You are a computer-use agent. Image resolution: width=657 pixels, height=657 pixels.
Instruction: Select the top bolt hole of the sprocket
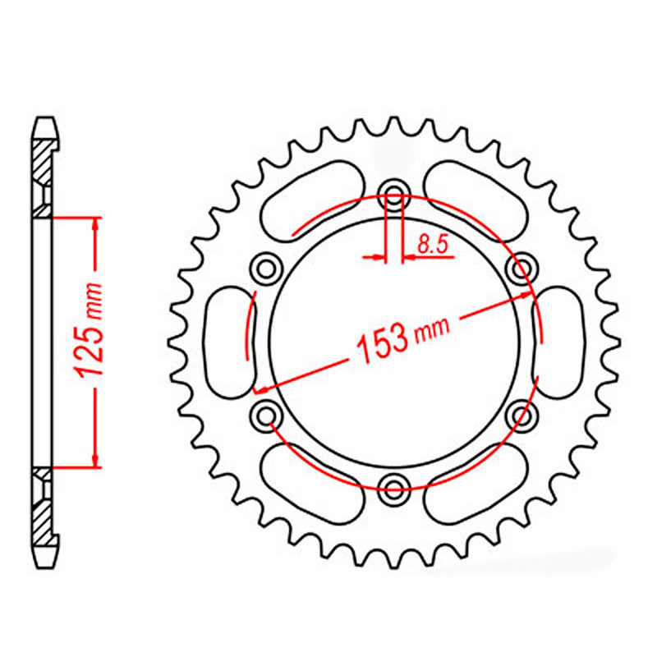pyautogui.click(x=395, y=196)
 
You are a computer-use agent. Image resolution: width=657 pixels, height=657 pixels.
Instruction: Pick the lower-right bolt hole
pyautogui.click(x=521, y=416)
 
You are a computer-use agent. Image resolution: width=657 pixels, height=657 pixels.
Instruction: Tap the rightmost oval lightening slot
pyautogui.click(x=559, y=341)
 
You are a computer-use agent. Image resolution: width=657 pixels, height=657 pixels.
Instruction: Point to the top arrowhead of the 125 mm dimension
pyautogui.click(x=96, y=224)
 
